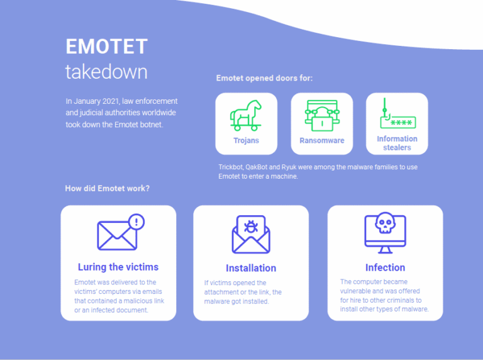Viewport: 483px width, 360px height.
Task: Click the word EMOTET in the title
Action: (x=106, y=47)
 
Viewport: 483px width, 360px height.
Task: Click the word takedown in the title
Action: (x=106, y=71)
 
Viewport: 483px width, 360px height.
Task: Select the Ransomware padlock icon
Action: (x=321, y=116)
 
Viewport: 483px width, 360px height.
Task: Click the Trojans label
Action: (x=246, y=140)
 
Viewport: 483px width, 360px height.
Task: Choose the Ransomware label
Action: (x=321, y=140)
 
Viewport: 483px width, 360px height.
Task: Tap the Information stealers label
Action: (x=397, y=143)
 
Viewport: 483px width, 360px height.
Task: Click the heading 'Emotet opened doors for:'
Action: (x=264, y=79)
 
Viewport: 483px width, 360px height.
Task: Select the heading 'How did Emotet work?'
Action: (x=107, y=188)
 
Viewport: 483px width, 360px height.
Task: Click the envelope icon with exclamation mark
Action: (x=118, y=234)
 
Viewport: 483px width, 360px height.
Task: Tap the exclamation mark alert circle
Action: (x=136, y=222)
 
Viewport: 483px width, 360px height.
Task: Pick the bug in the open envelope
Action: (x=251, y=227)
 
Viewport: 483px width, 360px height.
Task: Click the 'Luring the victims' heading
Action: (x=118, y=267)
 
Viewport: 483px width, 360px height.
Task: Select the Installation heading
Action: (x=251, y=267)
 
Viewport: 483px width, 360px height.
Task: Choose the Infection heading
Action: (x=385, y=267)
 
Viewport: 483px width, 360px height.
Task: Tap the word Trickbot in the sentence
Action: (x=231, y=167)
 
